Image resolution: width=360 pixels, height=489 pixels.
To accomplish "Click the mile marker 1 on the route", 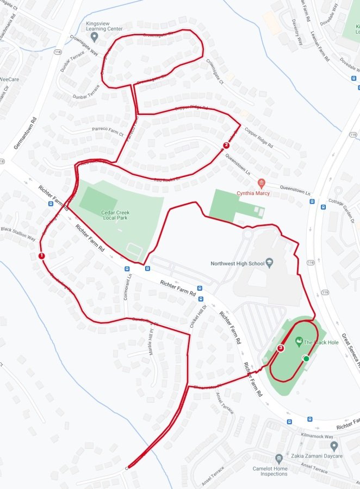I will [x=41, y=256].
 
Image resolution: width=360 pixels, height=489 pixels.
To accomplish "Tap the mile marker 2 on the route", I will [x=226, y=145].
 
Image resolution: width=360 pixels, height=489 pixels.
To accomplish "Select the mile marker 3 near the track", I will [x=281, y=348].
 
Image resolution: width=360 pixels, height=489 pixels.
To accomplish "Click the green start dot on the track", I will [x=306, y=358].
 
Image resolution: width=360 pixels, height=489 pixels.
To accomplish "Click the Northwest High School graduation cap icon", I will [x=269, y=264].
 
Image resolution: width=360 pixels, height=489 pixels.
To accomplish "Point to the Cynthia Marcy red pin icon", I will [x=262, y=183].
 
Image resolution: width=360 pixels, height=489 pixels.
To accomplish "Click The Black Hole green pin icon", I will [x=299, y=342].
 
